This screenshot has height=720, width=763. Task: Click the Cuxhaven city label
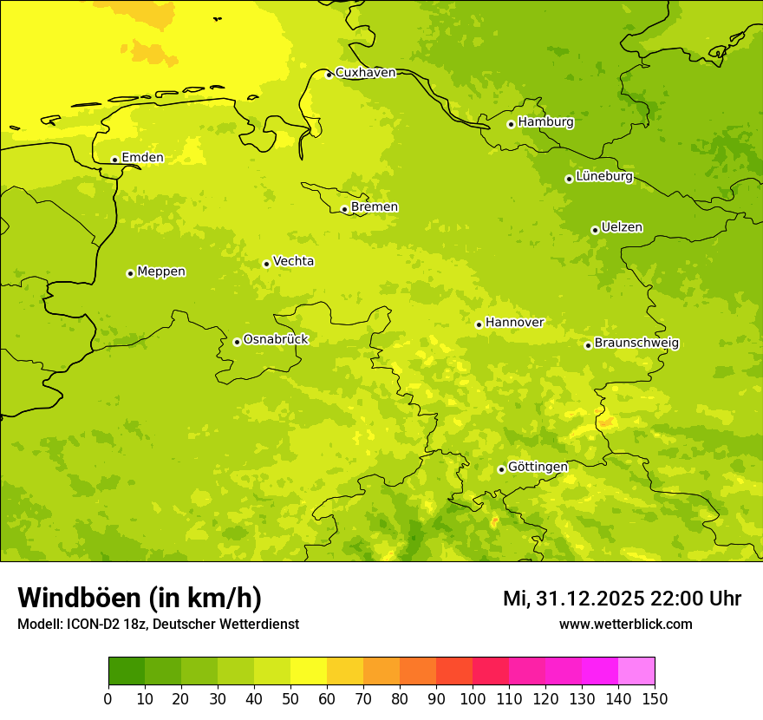[x=365, y=73]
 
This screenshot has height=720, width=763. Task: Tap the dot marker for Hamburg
[x=512, y=124]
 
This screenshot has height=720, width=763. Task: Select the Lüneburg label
[x=604, y=176]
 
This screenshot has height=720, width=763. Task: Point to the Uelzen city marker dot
[x=595, y=230]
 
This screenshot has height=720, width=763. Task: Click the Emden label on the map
[x=142, y=158]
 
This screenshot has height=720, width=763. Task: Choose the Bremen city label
[x=375, y=207]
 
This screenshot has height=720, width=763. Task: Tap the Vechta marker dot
[x=266, y=264]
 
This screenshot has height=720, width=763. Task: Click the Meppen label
[x=161, y=272]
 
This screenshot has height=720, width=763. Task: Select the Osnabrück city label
[x=276, y=339]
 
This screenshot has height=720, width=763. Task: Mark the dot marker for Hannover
[x=479, y=324]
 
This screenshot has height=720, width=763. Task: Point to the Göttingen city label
[x=538, y=467]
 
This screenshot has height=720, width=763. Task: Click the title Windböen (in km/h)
[x=140, y=598]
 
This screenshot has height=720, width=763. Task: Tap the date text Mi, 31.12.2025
[x=572, y=599]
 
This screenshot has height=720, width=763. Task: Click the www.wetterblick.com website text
[x=625, y=624]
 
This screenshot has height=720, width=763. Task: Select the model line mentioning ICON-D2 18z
[x=158, y=624]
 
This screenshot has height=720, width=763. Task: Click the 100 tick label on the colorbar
[x=473, y=698]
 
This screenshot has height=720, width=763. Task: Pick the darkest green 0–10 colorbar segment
[x=127, y=671]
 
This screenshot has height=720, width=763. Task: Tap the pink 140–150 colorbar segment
[x=636, y=671]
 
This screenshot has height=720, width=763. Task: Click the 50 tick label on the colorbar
[x=290, y=698]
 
